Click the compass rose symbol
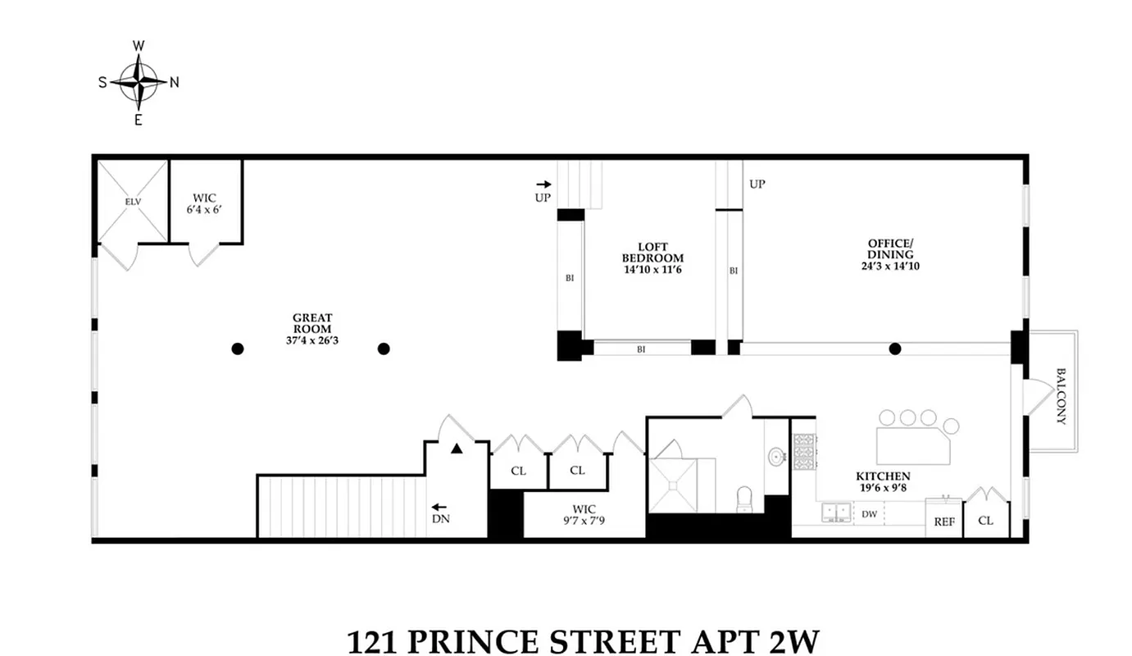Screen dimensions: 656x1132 pos(139,81)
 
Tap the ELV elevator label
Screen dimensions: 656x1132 pos(133,201)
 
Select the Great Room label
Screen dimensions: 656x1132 pos(312,323)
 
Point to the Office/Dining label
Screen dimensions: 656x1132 pos(889,254)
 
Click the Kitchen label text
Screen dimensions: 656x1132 pos(883,481)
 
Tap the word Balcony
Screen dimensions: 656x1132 pos(1061,395)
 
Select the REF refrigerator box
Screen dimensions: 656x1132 pos(944,521)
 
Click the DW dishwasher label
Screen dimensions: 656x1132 pos(869,515)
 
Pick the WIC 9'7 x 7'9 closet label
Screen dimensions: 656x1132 pos(583,514)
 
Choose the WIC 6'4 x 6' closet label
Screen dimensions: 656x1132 pos(205,203)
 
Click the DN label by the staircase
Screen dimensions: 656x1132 pos(439,518)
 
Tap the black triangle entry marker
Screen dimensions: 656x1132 pos(457,449)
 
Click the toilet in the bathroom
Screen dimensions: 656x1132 pos(744,498)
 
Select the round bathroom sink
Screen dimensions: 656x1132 pos(775,456)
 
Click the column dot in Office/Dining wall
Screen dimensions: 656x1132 pos(895,348)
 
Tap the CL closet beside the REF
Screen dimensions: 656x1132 pos(985,520)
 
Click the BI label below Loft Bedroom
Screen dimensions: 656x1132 pos(641,349)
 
